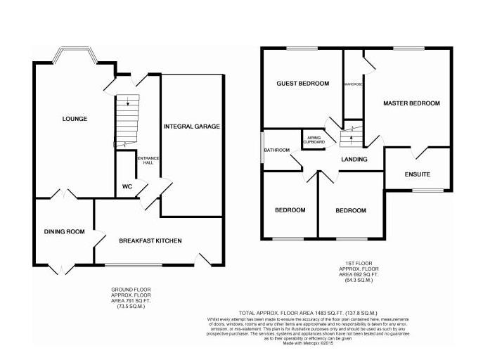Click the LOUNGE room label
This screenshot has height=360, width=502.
click(x=75, y=119)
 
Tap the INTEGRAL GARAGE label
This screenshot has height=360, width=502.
click(x=192, y=127)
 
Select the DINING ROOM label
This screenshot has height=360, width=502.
click(x=64, y=232)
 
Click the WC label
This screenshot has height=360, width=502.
click(x=127, y=186)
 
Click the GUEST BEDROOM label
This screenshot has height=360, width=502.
click(x=302, y=84)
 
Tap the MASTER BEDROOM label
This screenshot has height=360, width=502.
click(x=411, y=103)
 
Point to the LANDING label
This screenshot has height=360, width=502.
click(x=354, y=160)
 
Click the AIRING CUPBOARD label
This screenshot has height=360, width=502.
click(x=314, y=139)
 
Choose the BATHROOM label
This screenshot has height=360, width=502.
click(x=277, y=150)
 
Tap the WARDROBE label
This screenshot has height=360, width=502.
click(x=353, y=84)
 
